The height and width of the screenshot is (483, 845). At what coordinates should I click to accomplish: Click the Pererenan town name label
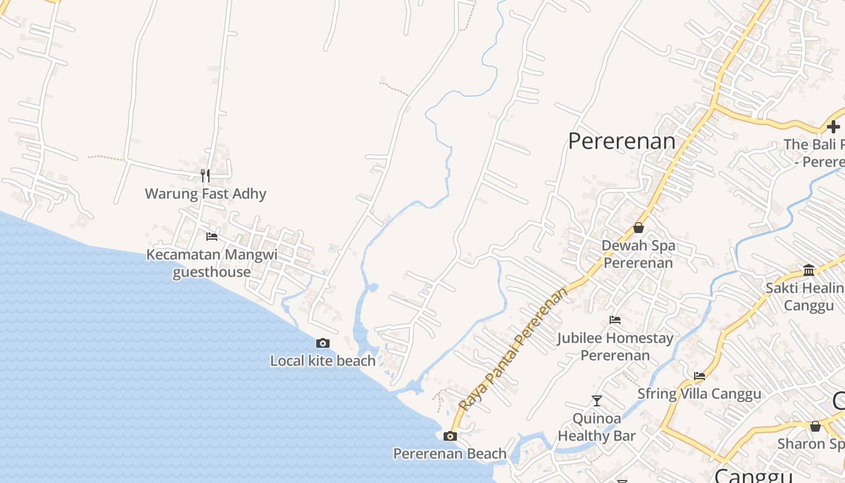click(x=622, y=141)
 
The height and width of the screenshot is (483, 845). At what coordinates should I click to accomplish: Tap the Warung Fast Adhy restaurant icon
click(x=205, y=176)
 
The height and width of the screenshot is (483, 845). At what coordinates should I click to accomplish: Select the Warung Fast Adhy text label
click(x=205, y=194)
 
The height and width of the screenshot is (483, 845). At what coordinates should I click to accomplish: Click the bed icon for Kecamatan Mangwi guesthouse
click(x=211, y=236)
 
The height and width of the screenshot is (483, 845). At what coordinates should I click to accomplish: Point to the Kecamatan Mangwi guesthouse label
click(x=212, y=263)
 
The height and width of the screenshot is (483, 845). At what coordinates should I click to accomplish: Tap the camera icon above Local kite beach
click(x=323, y=344)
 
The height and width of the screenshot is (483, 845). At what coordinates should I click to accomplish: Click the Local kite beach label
click(x=323, y=361)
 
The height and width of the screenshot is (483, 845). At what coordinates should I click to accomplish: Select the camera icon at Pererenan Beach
click(x=450, y=436)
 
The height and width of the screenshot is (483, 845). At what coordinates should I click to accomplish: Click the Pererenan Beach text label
click(x=450, y=453)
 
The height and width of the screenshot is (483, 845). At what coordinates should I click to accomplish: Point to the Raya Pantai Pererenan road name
click(x=514, y=349)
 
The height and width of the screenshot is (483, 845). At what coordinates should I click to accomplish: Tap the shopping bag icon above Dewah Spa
click(x=638, y=228)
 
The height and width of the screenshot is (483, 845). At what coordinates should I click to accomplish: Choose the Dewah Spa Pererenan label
click(x=638, y=254)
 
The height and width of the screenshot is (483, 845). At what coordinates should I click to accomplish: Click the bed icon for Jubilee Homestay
click(x=615, y=320)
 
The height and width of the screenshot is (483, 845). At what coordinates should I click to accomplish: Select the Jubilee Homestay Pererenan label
click(x=615, y=347)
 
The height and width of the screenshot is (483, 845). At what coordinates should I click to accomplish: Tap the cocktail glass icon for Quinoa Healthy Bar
click(x=596, y=400)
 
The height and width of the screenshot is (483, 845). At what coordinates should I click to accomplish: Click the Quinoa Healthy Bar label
click(x=596, y=427)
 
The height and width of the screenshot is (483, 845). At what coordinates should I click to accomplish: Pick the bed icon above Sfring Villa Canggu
click(x=700, y=376)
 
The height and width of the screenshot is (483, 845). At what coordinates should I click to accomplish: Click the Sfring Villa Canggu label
click(x=700, y=394)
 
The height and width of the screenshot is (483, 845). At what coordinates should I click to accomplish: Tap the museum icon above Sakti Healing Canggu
click(x=809, y=270)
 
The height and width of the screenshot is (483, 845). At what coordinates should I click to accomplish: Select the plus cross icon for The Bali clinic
click(x=834, y=127)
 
